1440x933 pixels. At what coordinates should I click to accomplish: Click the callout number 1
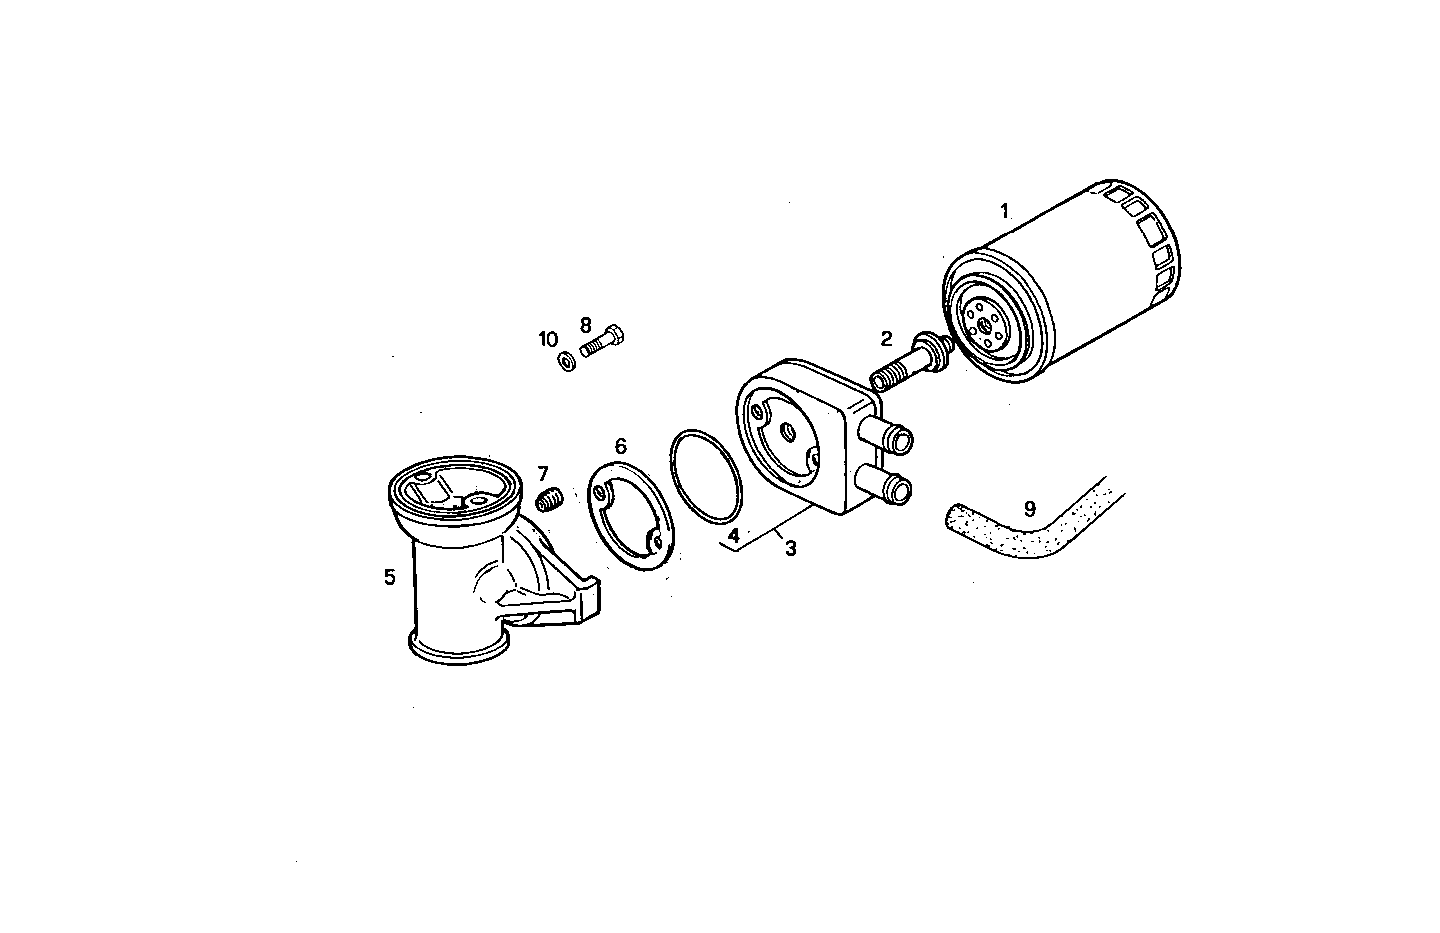(1005, 211)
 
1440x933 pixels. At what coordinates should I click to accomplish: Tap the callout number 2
(885, 339)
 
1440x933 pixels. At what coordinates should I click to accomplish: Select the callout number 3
(790, 547)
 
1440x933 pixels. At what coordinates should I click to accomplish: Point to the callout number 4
(733, 536)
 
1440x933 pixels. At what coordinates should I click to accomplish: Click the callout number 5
(390, 576)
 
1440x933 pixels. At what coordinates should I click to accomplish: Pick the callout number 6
(620, 445)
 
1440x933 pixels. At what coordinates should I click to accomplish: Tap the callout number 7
(543, 473)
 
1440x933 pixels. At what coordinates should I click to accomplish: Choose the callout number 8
(586, 325)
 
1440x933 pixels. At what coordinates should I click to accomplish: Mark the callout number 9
(1030, 508)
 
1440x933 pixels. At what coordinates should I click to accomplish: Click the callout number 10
(548, 339)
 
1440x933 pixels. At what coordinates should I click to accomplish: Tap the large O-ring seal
(707, 476)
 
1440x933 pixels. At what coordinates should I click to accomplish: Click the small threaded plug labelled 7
(551, 498)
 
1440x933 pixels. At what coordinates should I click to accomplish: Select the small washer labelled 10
(565, 360)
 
